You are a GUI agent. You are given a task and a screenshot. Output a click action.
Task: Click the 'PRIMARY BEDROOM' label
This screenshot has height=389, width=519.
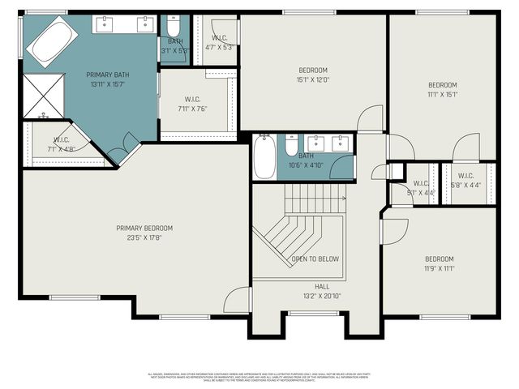coord(144,229)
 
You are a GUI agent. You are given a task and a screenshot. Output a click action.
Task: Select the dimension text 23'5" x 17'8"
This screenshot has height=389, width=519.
coord(144,238)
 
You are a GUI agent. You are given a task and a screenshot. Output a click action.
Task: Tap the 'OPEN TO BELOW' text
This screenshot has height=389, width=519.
coord(315,259)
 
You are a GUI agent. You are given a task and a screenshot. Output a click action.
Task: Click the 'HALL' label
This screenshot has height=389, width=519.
coord(322,286)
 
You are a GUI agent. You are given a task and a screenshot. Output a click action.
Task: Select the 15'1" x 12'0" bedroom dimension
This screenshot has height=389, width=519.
coord(312,79)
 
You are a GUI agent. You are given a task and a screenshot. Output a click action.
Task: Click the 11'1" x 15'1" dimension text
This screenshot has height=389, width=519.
coord(443,94)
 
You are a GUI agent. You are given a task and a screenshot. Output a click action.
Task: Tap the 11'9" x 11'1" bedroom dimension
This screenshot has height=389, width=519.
coord(440,268)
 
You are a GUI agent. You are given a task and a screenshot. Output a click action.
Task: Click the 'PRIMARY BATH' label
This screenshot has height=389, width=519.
coord(107,75)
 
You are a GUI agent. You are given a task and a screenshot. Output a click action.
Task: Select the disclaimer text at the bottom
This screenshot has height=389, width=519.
coord(259,377)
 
